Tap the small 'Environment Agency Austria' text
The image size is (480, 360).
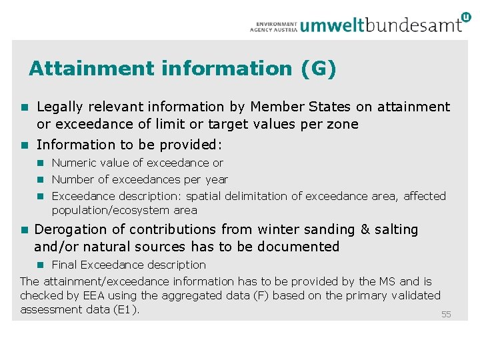(x=273, y=25)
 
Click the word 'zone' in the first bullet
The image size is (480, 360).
(x=343, y=124)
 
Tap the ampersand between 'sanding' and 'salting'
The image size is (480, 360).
(x=365, y=229)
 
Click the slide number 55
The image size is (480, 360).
(x=446, y=314)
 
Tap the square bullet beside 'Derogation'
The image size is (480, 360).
(x=24, y=230)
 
